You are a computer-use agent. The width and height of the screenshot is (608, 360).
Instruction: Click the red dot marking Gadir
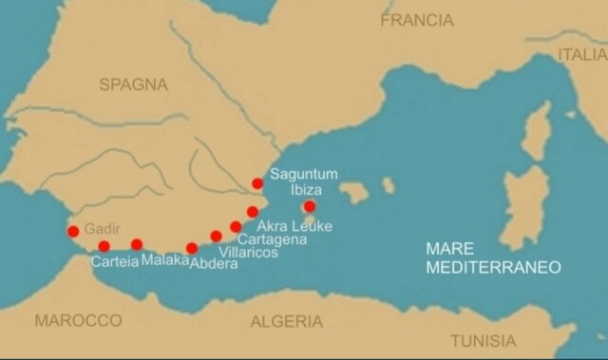click(73, 231)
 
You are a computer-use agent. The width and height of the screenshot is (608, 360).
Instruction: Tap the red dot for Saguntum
click(257, 183)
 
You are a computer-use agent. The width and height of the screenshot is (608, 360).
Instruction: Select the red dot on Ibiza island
click(309, 206)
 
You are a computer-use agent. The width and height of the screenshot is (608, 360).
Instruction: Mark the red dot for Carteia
click(104, 246)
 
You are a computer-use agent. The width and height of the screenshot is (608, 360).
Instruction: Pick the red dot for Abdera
click(192, 248)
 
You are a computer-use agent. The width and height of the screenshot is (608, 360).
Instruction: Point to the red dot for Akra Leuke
click(253, 212)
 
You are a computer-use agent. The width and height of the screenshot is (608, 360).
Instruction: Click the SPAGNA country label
click(133, 85)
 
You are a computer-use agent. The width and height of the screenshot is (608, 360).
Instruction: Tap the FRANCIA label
click(417, 19)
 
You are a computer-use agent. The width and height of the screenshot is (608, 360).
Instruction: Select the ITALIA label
click(581, 54)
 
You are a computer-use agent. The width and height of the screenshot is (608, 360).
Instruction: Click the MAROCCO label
click(78, 320)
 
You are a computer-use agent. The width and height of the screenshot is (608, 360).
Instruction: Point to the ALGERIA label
click(286, 321)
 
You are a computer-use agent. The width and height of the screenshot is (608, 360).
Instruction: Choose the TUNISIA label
click(483, 340)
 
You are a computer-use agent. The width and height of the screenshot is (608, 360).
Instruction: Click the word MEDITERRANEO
click(493, 267)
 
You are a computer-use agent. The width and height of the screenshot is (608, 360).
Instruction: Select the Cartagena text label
click(272, 239)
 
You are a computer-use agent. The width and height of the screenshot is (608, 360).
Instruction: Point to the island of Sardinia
click(525, 204)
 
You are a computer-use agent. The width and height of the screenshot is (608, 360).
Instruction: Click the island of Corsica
click(539, 130)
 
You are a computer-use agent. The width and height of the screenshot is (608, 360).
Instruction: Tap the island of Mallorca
click(353, 193)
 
